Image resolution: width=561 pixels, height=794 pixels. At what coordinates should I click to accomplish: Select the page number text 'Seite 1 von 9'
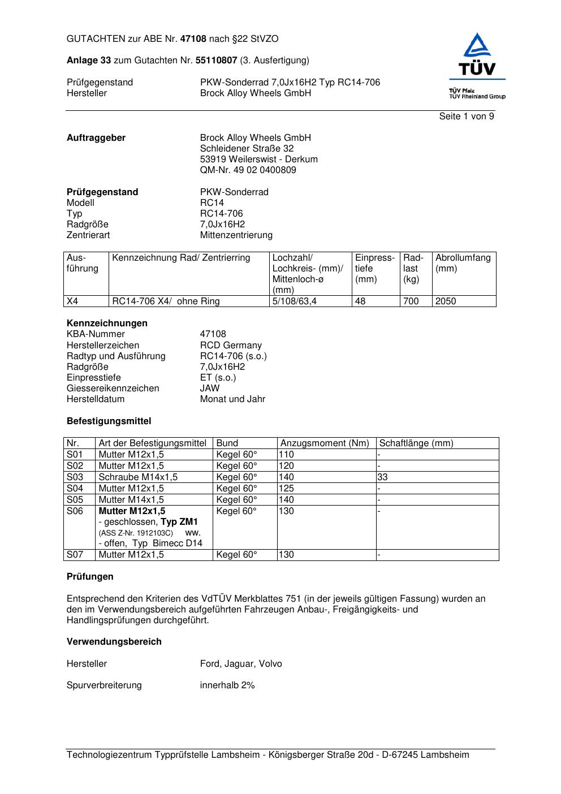pos(466,116)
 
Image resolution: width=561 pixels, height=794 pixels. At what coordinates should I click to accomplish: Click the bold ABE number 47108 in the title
pos(193,39)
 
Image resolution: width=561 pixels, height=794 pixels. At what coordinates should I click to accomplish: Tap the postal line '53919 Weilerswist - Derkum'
pos(258,159)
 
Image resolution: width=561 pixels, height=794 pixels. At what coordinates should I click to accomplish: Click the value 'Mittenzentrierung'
pos(236,235)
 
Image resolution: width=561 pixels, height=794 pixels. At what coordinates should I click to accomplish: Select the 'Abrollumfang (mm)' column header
pos(463,263)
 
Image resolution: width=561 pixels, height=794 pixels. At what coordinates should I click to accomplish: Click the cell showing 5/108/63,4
pos(294,301)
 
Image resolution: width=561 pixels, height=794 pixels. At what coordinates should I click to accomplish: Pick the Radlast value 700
pos(411,301)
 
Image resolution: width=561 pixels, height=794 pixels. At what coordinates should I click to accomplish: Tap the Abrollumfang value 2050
pos(445,301)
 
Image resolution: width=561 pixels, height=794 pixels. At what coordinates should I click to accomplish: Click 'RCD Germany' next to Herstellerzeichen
pos(231,346)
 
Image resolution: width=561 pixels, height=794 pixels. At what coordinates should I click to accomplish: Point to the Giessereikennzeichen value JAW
pos(209,389)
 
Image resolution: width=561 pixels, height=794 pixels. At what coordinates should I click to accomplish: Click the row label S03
pos(75,477)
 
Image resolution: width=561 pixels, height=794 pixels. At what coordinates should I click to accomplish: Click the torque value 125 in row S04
pos(286,489)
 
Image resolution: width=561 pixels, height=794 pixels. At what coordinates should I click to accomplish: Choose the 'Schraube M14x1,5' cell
pos(138,477)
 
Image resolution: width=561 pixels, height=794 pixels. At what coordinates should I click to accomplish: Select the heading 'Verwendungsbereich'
pos(114,642)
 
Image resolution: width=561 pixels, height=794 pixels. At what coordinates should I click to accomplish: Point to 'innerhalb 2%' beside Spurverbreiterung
pos(227,685)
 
